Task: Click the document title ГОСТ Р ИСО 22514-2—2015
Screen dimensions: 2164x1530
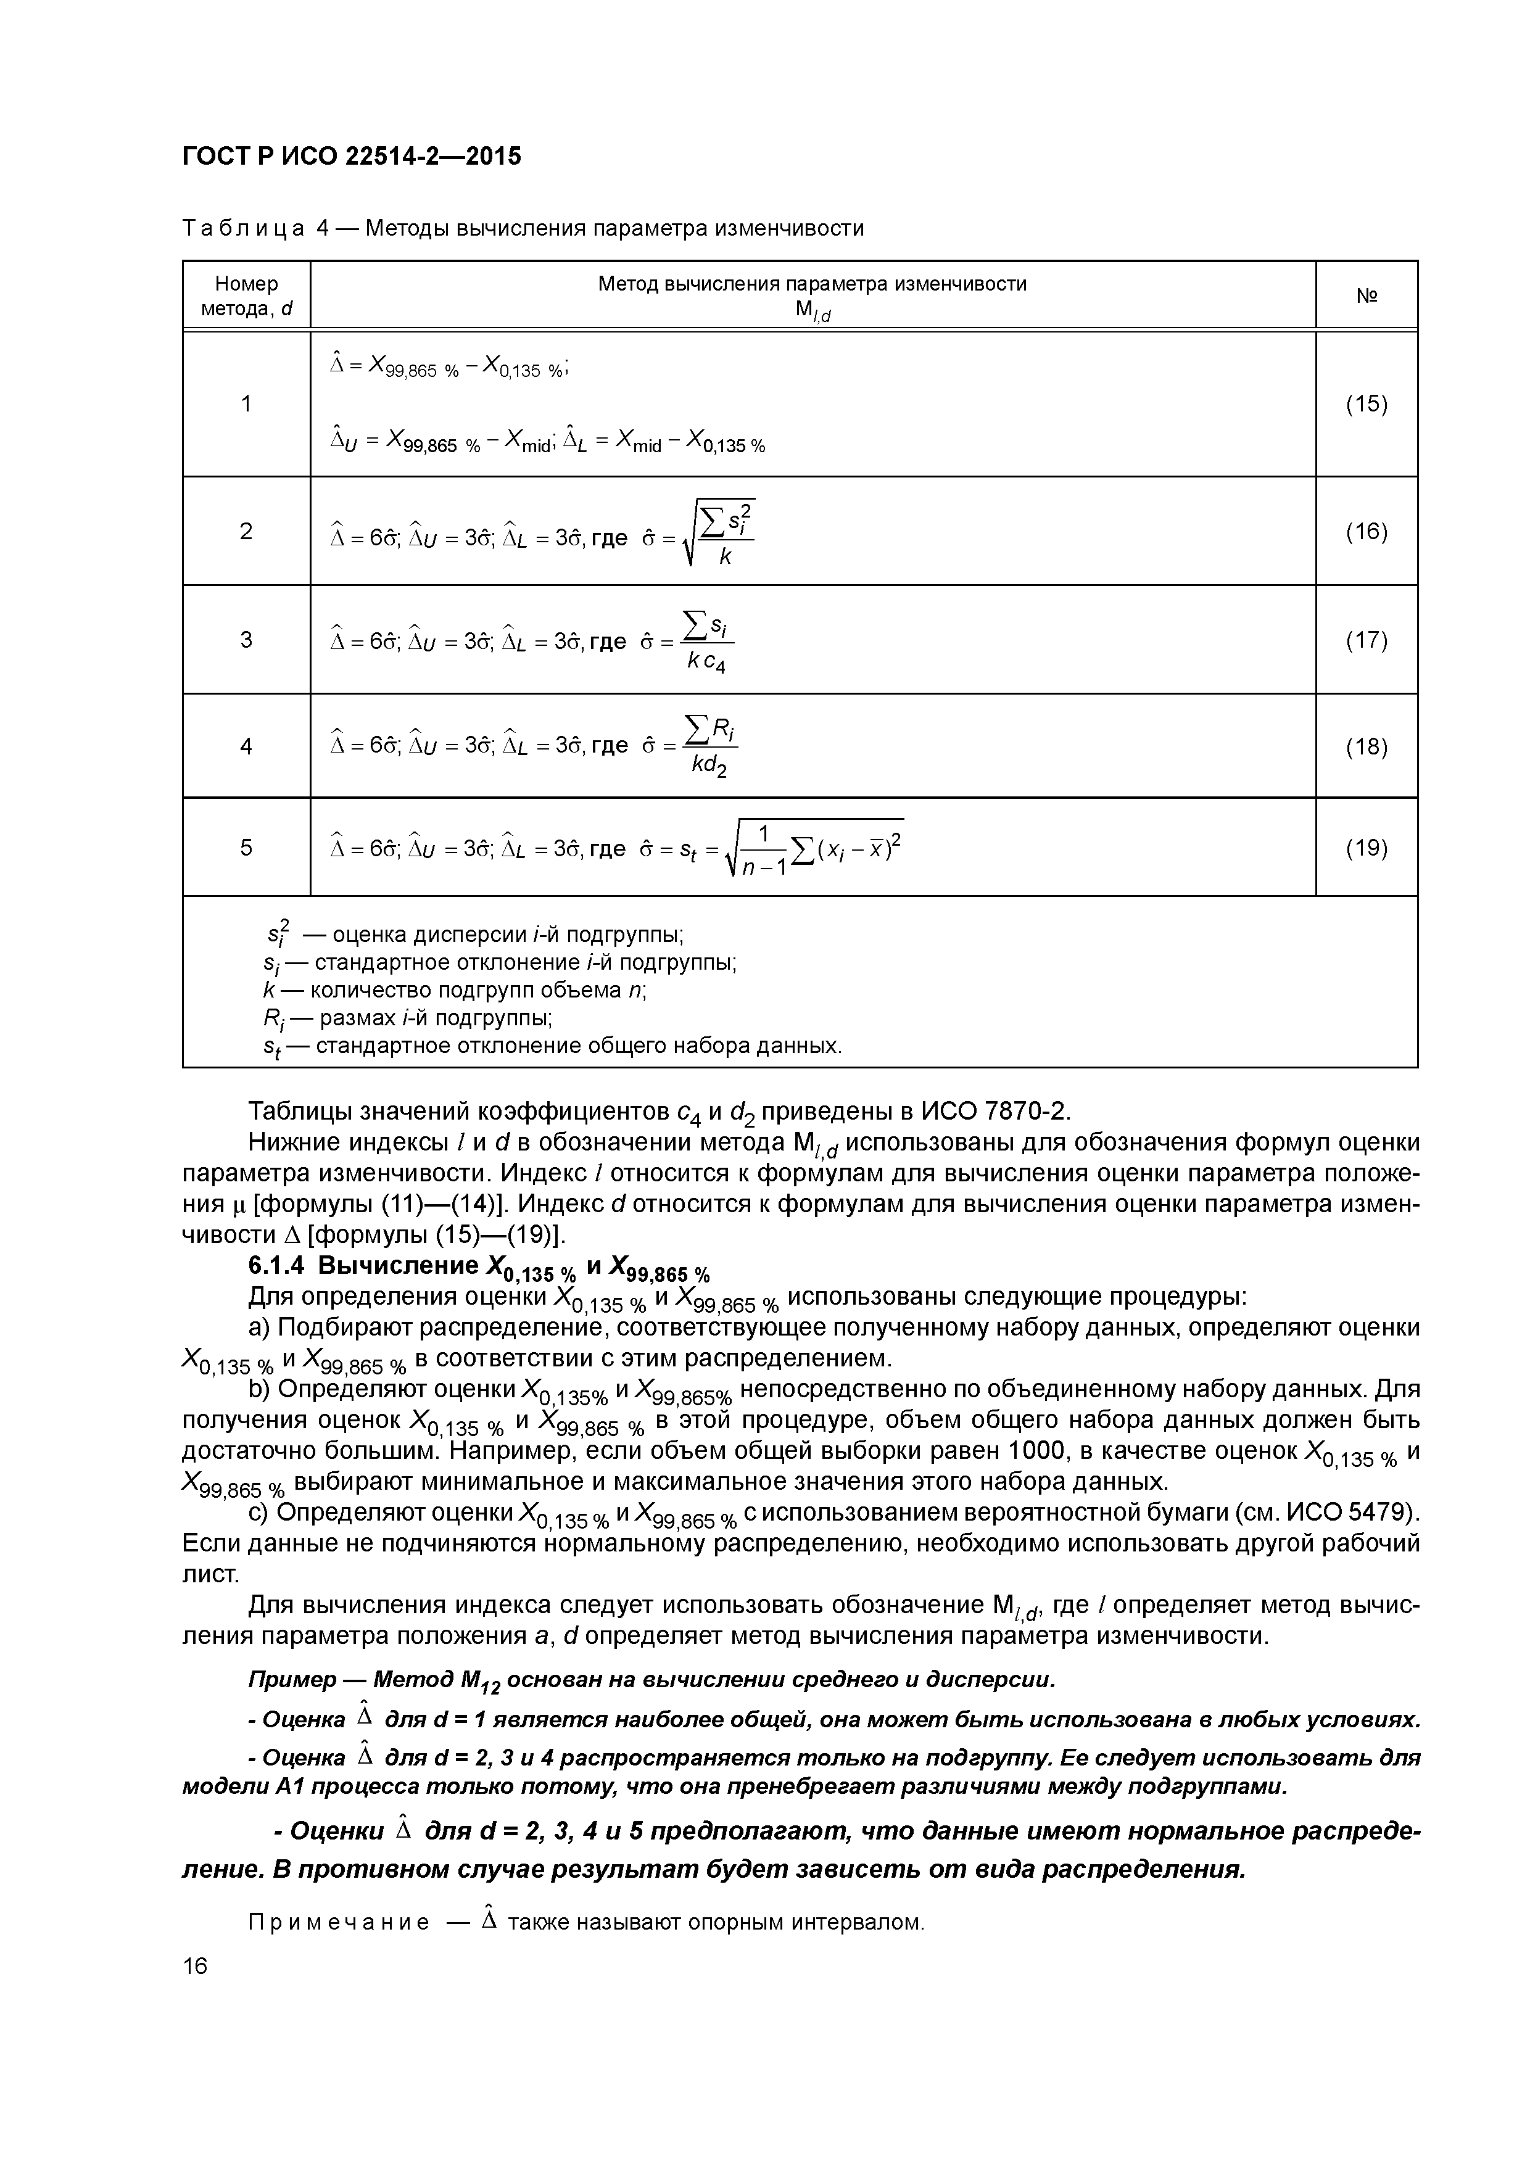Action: pos(350,155)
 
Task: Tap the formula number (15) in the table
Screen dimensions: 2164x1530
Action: pos(1366,404)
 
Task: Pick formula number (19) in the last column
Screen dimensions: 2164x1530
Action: pos(1366,848)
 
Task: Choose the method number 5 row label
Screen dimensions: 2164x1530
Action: pos(246,848)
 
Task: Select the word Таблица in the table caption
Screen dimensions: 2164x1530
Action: pos(243,229)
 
